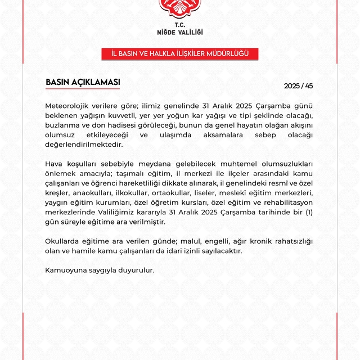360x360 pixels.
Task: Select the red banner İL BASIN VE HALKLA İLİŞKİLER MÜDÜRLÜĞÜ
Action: [179, 54]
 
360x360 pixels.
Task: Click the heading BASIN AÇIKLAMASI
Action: [83, 82]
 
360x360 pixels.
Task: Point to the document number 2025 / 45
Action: [298, 86]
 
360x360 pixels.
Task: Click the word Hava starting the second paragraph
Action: [54, 164]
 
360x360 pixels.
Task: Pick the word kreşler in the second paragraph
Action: [57, 193]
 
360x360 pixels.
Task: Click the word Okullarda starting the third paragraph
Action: [62, 241]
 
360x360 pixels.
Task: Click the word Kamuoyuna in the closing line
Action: [66, 271]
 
